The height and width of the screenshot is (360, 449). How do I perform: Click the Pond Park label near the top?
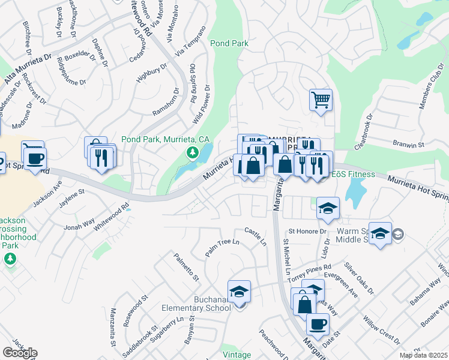click(x=230, y=43)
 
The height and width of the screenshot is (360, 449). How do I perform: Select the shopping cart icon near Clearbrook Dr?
click(x=321, y=100)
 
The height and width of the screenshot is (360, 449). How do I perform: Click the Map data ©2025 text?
click(x=424, y=355)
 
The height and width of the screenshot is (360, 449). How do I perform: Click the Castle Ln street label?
click(x=255, y=235)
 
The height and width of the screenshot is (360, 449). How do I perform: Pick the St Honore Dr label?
click(x=307, y=231)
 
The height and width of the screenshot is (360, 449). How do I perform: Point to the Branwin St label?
click(x=409, y=145)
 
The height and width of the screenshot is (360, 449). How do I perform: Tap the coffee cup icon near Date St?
click(x=318, y=324)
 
